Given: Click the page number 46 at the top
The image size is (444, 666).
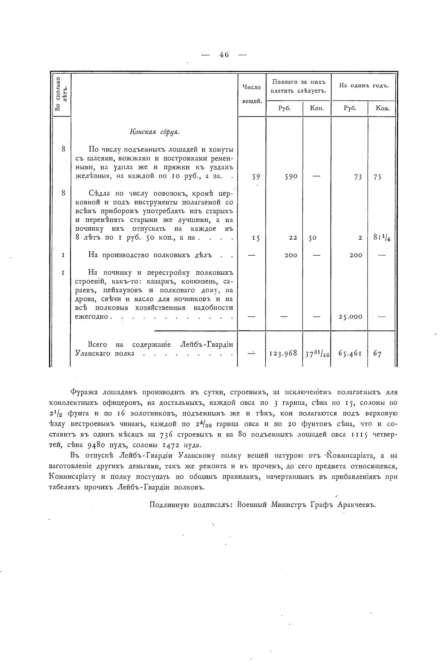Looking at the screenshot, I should [224, 55].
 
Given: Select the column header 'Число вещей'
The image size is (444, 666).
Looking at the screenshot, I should [252, 94].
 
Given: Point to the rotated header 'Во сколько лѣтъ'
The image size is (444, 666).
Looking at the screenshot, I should [61, 94].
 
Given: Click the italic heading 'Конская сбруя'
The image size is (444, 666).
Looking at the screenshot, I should [154, 132].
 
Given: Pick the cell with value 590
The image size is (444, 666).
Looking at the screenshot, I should [291, 177].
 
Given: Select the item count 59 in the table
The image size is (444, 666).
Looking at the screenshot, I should [256, 177].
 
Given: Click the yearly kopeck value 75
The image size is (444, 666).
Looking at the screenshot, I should [377, 177].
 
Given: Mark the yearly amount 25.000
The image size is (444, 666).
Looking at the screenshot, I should [350, 317].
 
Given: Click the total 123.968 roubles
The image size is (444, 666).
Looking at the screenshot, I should [284, 353].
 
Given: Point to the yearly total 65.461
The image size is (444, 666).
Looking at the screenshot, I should [350, 353].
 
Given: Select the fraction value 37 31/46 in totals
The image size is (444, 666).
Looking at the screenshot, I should [317, 353].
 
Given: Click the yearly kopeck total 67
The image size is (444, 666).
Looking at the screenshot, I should [377, 354].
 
